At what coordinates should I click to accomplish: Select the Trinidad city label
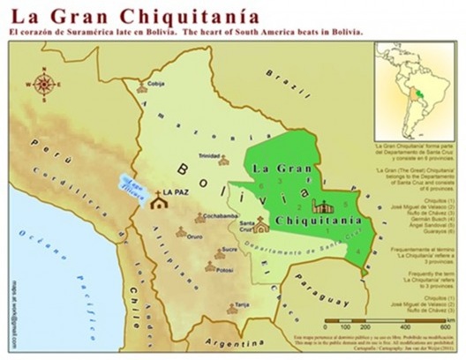[x=209, y=155]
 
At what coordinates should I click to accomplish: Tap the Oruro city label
[x=195, y=236]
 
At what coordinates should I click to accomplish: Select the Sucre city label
[x=229, y=250]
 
